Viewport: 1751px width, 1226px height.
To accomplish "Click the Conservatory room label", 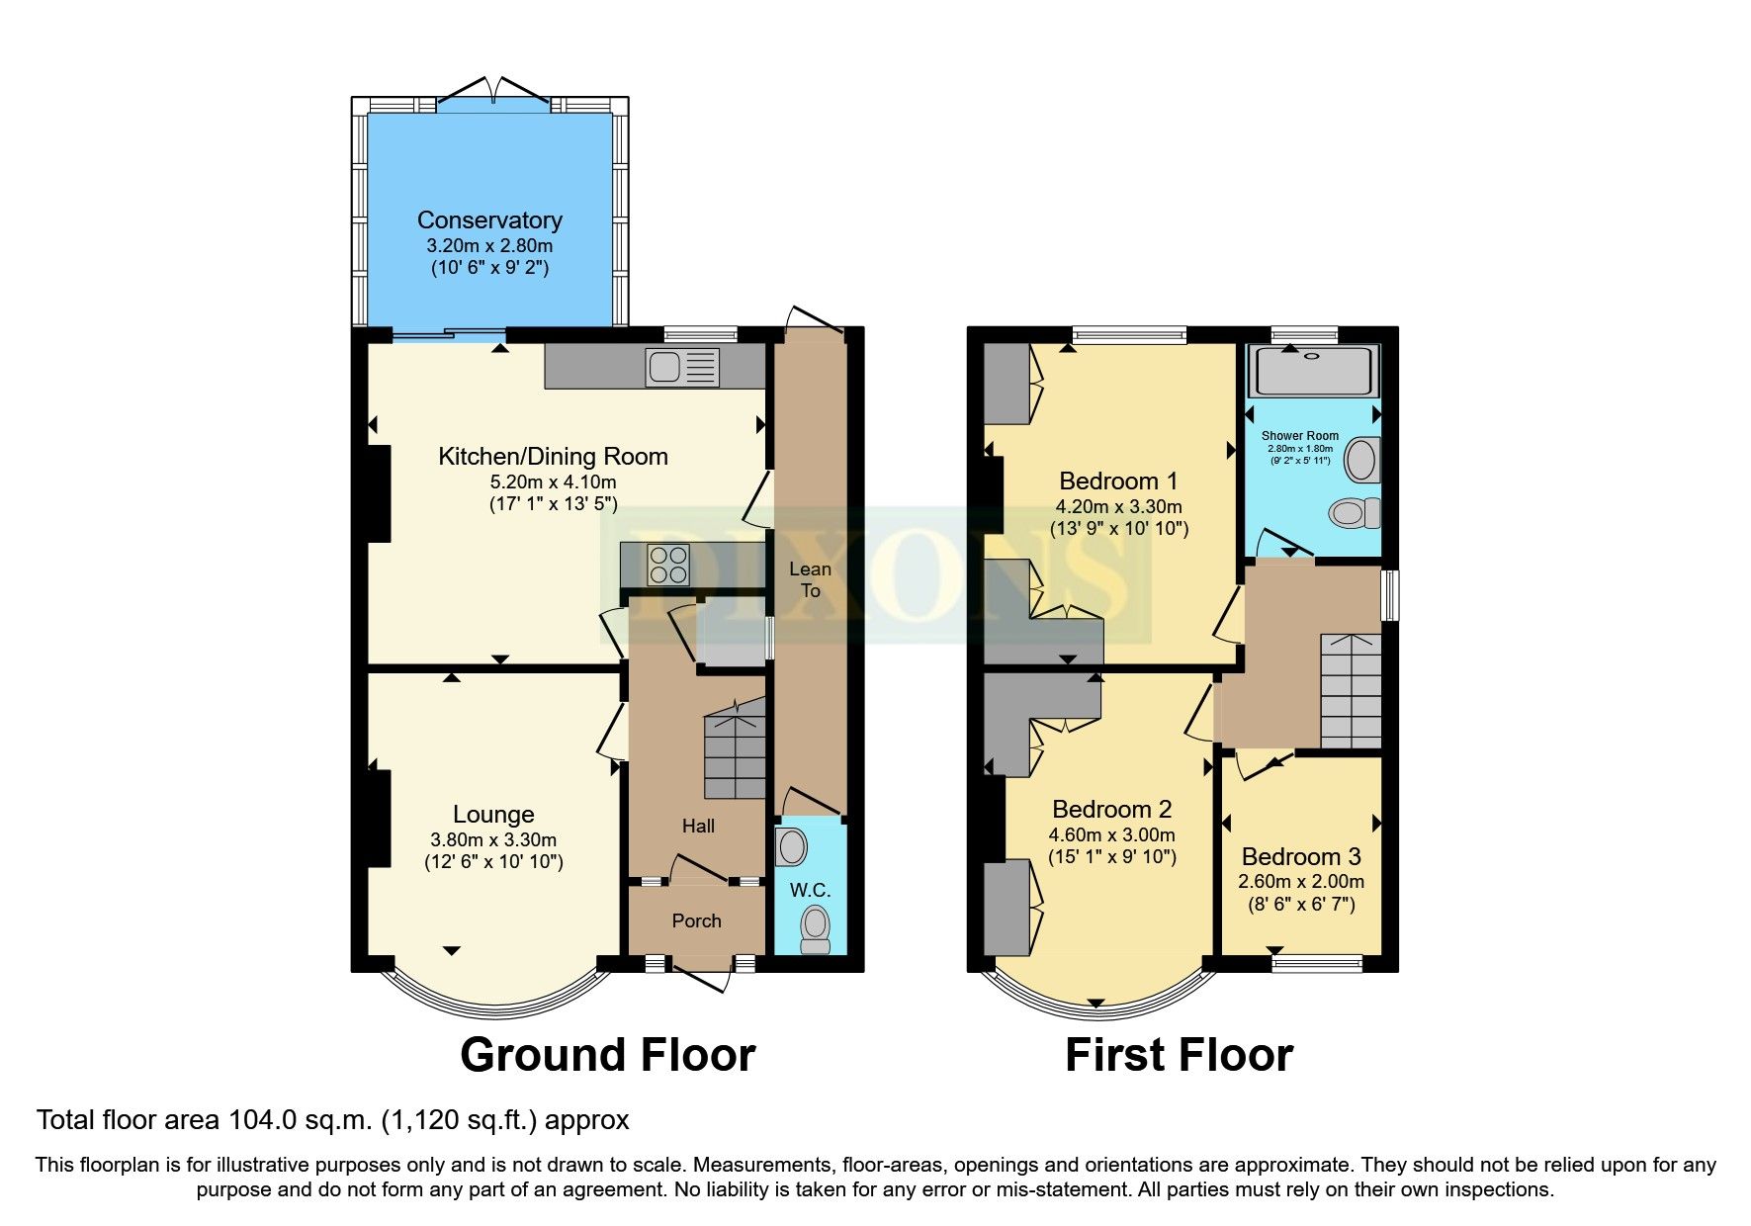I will coord(489,220).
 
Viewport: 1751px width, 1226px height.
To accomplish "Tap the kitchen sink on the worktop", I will coord(681,368).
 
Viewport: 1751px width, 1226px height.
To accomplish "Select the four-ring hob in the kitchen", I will coord(667,565).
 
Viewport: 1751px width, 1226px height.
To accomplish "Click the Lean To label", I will coord(810,579).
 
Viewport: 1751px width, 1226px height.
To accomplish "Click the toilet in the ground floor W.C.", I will coord(816,926).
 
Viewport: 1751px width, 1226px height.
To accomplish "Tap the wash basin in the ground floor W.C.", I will coord(791,847).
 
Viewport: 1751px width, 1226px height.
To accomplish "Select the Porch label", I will coord(696,920).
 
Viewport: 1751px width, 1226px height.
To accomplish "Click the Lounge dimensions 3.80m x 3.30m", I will coord(493,839).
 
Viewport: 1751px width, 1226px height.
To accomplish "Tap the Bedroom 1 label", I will coord(1118,482).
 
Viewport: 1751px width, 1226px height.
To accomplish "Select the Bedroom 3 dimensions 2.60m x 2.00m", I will coord(1301,881).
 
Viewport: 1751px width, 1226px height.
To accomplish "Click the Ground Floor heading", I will coord(607,1055).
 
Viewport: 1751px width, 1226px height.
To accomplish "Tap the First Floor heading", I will coord(1179,1055).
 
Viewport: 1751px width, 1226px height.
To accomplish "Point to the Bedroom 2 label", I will coord(1111,810).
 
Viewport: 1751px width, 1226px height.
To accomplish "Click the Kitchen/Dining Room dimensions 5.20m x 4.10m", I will coord(553,482).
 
